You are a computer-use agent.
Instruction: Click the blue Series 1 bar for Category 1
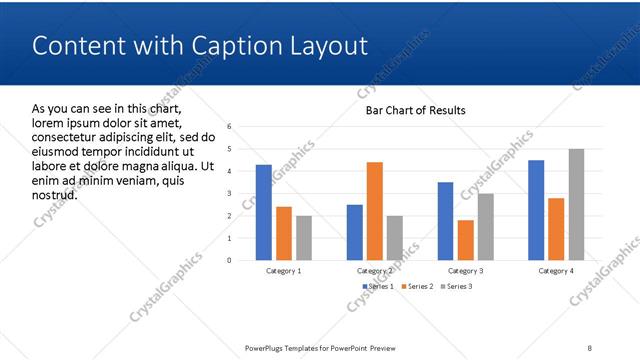[264, 212]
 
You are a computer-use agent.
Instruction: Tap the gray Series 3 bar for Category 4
[576, 204]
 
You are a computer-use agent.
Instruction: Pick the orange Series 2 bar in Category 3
[465, 240]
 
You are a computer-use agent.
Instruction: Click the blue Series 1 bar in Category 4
[536, 210]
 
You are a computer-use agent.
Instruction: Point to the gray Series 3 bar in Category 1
[303, 238]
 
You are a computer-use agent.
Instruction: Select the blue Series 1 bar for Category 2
[355, 232]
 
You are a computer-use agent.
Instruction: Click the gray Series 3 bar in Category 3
[485, 227]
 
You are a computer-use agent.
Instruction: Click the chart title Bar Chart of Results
[415, 110]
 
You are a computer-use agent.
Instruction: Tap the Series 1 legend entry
[377, 287]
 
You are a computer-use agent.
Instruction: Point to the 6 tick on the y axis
[230, 127]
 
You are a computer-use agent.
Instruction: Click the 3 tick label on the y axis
[230, 194]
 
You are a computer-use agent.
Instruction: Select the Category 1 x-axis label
[284, 271]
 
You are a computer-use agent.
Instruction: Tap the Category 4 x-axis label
[556, 271]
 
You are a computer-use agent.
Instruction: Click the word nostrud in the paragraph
[55, 194]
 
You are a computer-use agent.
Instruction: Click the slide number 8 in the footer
[589, 347]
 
